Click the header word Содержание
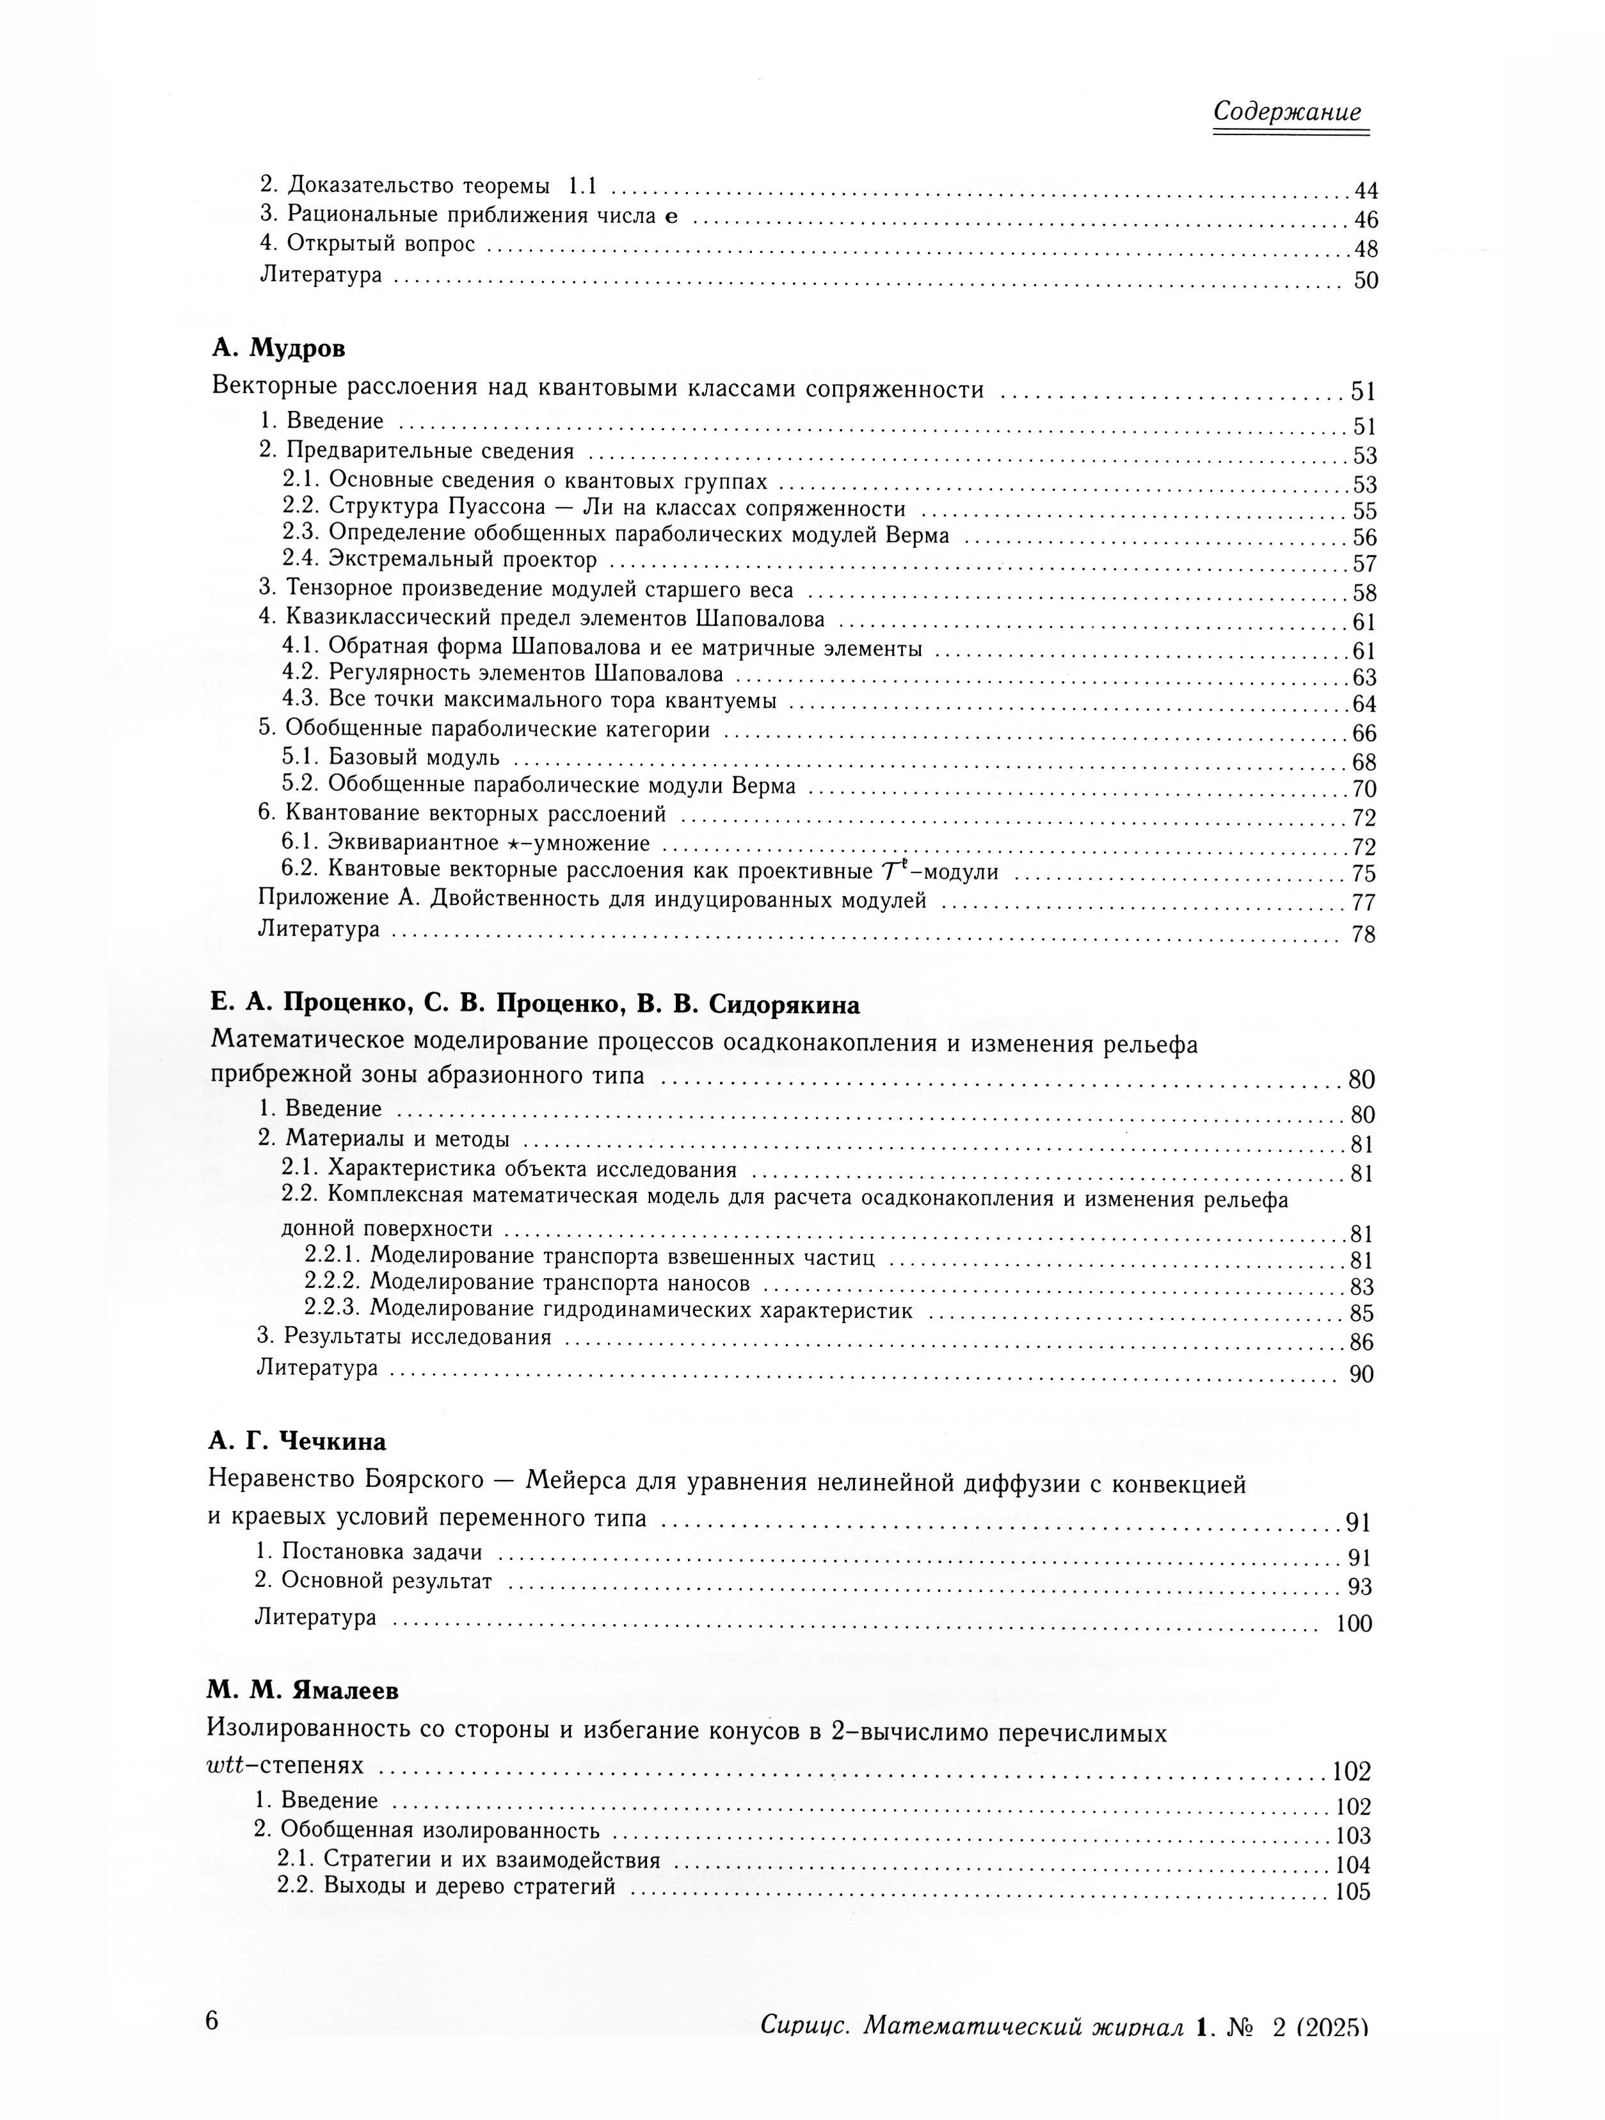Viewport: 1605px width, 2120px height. [x=1287, y=112]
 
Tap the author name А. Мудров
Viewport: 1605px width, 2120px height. [x=278, y=349]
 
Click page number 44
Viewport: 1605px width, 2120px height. [x=1366, y=189]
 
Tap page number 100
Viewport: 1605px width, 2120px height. [x=1353, y=1623]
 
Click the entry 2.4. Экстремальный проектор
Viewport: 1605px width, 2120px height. [x=439, y=559]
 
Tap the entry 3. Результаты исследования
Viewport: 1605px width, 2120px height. [x=404, y=1337]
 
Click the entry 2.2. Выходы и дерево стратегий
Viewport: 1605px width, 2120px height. [x=445, y=1887]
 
